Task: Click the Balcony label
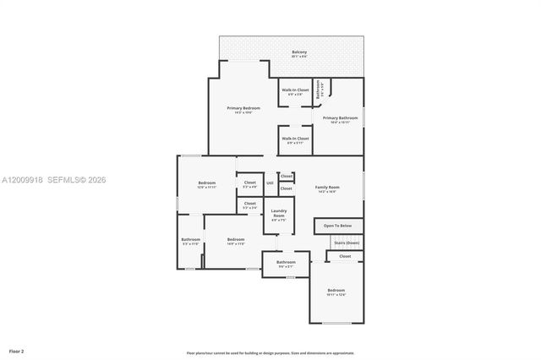point(299,52)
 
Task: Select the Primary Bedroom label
point(243,108)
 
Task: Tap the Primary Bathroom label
point(340,118)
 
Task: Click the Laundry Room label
point(278,214)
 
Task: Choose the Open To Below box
point(338,226)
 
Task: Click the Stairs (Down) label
point(346,243)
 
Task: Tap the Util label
point(270,183)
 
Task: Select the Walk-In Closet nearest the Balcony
point(295,90)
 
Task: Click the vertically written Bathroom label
point(319,89)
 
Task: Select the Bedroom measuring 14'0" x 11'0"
point(236,240)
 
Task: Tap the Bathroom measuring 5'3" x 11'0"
point(190,240)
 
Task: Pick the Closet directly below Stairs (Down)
point(345,255)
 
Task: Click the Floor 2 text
point(16,350)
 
